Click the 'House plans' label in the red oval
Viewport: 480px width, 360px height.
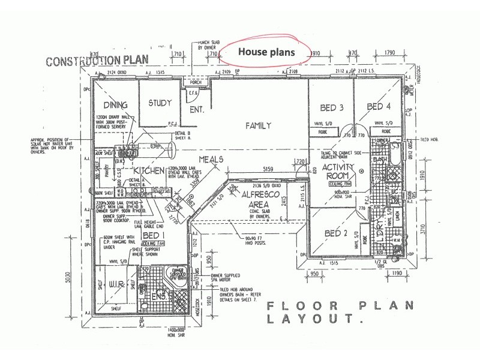pos(267,52)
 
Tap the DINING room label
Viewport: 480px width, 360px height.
pos(115,106)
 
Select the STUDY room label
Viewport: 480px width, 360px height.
pos(160,103)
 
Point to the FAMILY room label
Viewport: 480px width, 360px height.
pos(259,125)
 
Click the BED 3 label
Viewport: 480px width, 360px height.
pos(331,108)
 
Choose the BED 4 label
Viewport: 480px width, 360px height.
pos(379,107)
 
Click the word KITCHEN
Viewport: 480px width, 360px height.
pos(149,170)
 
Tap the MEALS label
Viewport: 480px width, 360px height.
pos(211,160)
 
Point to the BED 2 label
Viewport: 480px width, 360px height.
pos(336,232)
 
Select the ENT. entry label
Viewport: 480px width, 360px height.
pos(197,110)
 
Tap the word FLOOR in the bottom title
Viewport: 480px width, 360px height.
pos(295,306)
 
